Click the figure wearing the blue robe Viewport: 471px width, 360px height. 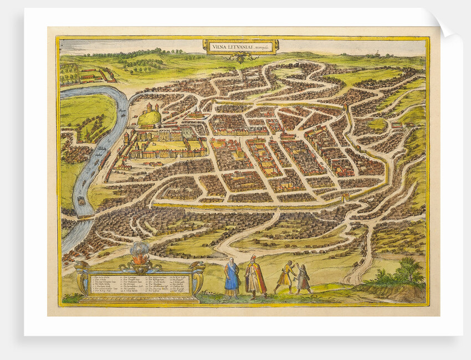pyautogui.click(x=232, y=277)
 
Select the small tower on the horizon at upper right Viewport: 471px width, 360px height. pyautogui.click(x=378, y=53)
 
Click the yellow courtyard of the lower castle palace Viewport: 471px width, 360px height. pyautogui.click(x=166, y=145)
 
